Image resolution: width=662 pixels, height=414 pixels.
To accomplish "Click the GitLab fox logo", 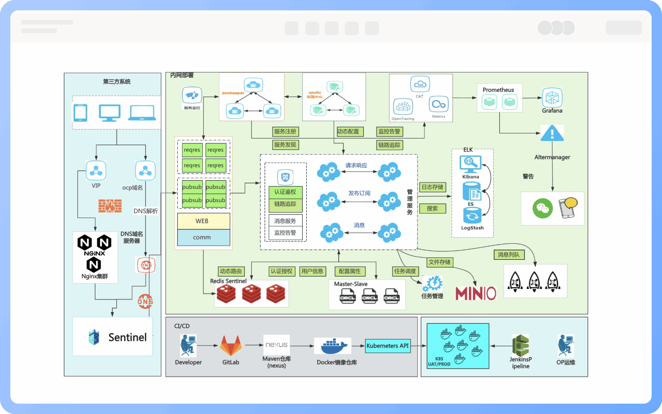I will pos(231,345).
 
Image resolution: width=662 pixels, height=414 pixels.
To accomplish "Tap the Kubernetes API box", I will pos(388,346).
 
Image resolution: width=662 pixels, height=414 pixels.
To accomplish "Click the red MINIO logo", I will pos(475,294).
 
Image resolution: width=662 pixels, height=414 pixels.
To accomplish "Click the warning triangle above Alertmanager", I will pos(552,133).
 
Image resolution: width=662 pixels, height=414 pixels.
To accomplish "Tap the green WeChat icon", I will pos(542,208).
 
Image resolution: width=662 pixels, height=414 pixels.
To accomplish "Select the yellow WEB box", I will pos(203,221).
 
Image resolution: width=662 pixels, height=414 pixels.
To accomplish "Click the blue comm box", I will pos(203,237).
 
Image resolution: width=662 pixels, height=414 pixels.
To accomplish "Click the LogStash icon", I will pos(472,216).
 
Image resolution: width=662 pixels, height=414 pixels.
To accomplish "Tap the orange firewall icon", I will pos(110,206).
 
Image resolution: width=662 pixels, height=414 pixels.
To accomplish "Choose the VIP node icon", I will pos(96,170).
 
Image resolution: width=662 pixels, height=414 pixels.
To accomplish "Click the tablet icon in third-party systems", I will pos(80,112).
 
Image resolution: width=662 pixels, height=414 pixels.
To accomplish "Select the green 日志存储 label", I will pos(432,187).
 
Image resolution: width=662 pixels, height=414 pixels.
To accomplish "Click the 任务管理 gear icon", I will pos(432,284).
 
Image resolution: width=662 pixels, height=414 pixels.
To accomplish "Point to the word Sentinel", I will pos(127,337).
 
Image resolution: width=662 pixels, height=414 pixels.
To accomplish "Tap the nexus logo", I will pos(276,345).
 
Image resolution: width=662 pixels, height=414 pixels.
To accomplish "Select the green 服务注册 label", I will pos(285,131).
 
